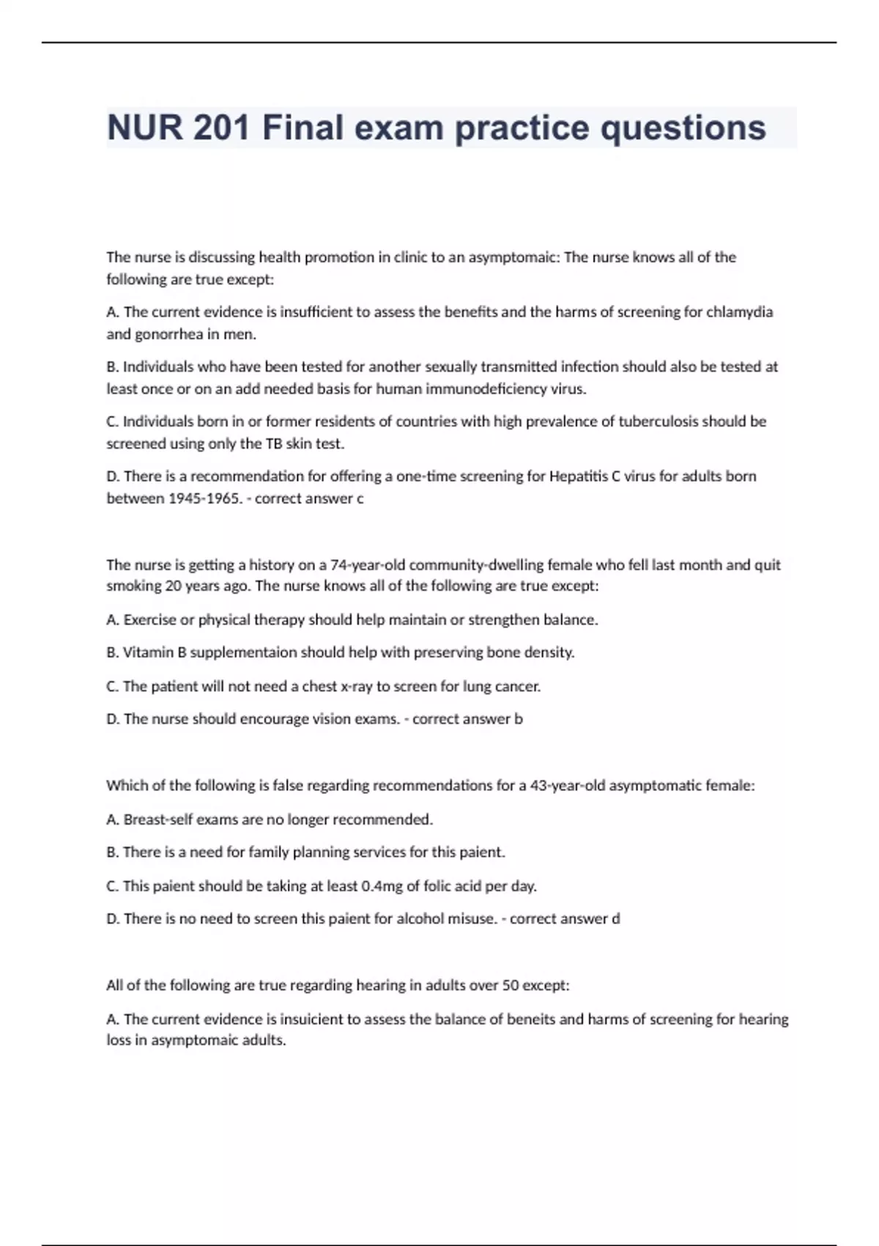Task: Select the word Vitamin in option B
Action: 149,652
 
